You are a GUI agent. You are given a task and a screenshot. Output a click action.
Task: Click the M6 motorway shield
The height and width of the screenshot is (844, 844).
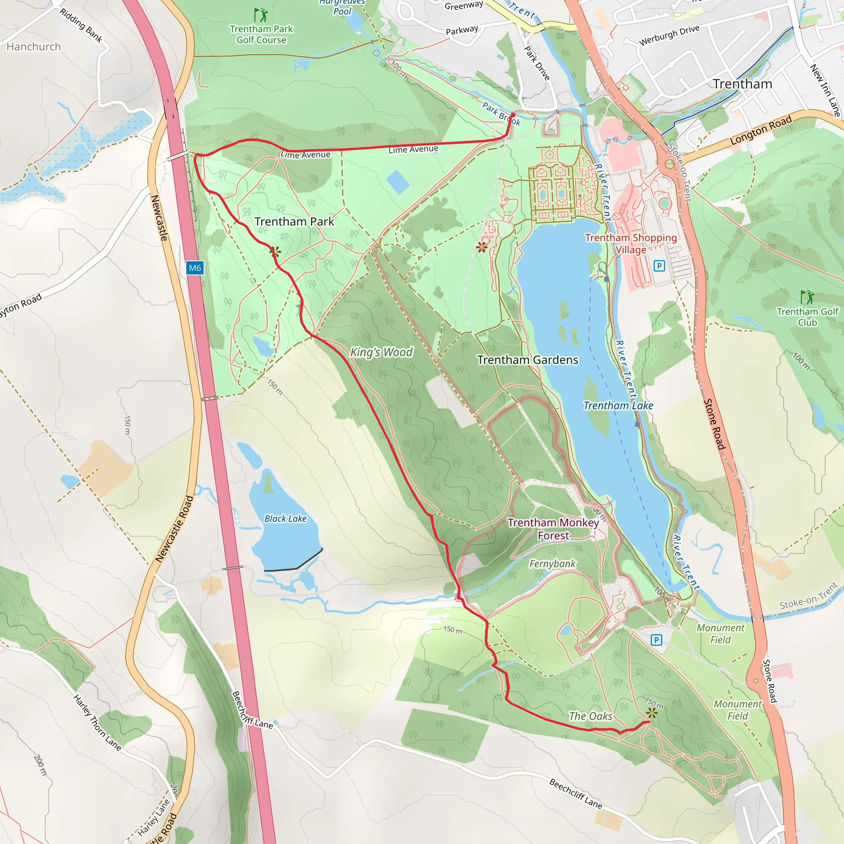(195, 268)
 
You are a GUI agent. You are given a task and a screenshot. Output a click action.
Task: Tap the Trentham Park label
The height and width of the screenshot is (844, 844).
(294, 222)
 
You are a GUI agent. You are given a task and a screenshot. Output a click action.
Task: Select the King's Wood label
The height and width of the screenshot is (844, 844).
(381, 352)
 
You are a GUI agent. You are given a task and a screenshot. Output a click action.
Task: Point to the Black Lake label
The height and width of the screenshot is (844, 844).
(285, 518)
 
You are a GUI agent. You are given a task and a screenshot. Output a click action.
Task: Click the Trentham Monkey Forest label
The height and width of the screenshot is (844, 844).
(553, 529)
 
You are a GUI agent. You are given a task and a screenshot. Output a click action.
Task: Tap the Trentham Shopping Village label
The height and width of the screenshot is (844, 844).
(631, 244)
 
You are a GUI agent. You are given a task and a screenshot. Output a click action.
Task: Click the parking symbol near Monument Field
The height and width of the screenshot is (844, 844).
(656, 640)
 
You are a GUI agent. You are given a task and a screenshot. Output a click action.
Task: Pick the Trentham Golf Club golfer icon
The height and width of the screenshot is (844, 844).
(807, 297)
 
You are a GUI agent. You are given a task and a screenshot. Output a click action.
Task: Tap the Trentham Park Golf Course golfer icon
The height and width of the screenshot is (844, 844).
(261, 15)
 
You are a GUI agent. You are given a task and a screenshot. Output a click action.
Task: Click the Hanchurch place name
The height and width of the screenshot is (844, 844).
(34, 47)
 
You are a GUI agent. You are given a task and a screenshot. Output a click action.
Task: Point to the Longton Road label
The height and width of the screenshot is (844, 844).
(761, 130)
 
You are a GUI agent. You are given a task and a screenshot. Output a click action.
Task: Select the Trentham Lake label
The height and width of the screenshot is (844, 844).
(618, 406)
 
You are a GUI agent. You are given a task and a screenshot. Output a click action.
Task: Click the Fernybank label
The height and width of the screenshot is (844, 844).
(553, 564)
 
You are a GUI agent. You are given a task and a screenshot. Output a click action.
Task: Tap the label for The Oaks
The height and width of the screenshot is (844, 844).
(591, 716)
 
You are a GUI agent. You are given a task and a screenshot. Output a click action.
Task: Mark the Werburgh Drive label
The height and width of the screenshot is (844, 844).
(669, 35)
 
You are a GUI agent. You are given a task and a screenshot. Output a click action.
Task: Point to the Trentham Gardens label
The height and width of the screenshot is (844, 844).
(528, 360)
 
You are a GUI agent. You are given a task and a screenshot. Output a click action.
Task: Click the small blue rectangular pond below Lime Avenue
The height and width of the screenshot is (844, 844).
(398, 182)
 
